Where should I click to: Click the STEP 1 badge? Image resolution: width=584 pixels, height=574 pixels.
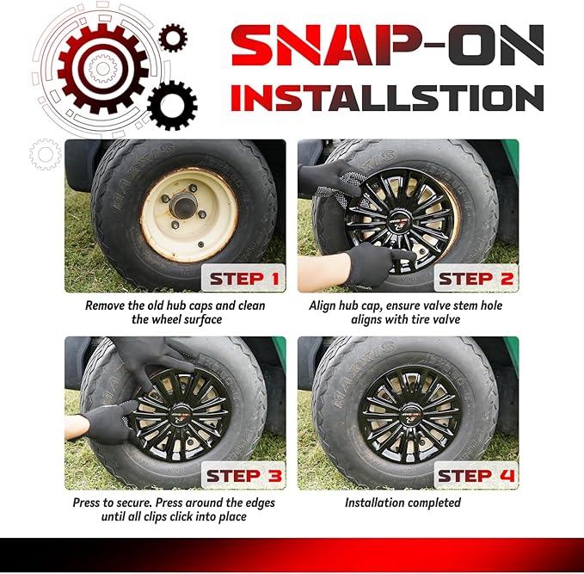[x=243, y=278]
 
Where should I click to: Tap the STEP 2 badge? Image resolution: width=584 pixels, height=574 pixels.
[x=476, y=278]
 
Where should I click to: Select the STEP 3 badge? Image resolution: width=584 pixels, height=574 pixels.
[x=243, y=475]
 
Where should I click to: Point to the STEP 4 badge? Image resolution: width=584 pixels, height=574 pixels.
[x=476, y=475]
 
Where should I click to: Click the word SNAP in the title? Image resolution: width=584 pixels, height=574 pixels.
[x=321, y=46]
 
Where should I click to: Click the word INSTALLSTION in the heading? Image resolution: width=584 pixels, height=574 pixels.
[x=387, y=97]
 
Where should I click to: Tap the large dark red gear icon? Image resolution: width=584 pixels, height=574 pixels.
[x=103, y=69]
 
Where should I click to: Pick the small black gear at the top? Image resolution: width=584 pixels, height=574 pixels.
[x=173, y=38]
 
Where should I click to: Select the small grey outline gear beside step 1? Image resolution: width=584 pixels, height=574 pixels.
[x=46, y=154]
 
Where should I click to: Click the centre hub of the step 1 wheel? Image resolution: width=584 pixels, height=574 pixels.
[x=183, y=206]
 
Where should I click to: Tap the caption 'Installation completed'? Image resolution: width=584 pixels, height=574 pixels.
[x=403, y=503]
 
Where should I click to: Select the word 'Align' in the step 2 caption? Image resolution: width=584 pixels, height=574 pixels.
[x=322, y=306]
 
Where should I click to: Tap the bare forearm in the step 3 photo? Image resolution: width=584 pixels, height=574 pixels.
[x=77, y=427]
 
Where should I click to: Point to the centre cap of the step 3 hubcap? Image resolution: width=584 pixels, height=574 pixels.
[x=181, y=414]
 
